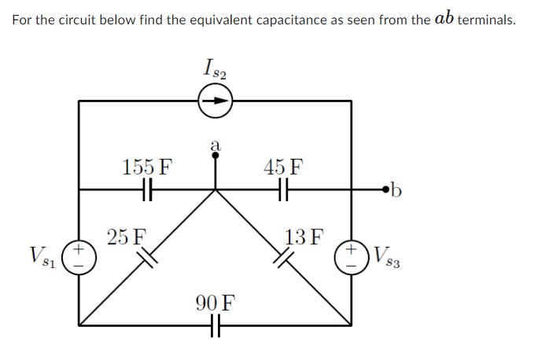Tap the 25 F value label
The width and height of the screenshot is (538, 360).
[127, 235]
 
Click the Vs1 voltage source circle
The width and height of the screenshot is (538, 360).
[79, 255]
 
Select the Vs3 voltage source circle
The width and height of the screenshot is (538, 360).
[352, 255]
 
